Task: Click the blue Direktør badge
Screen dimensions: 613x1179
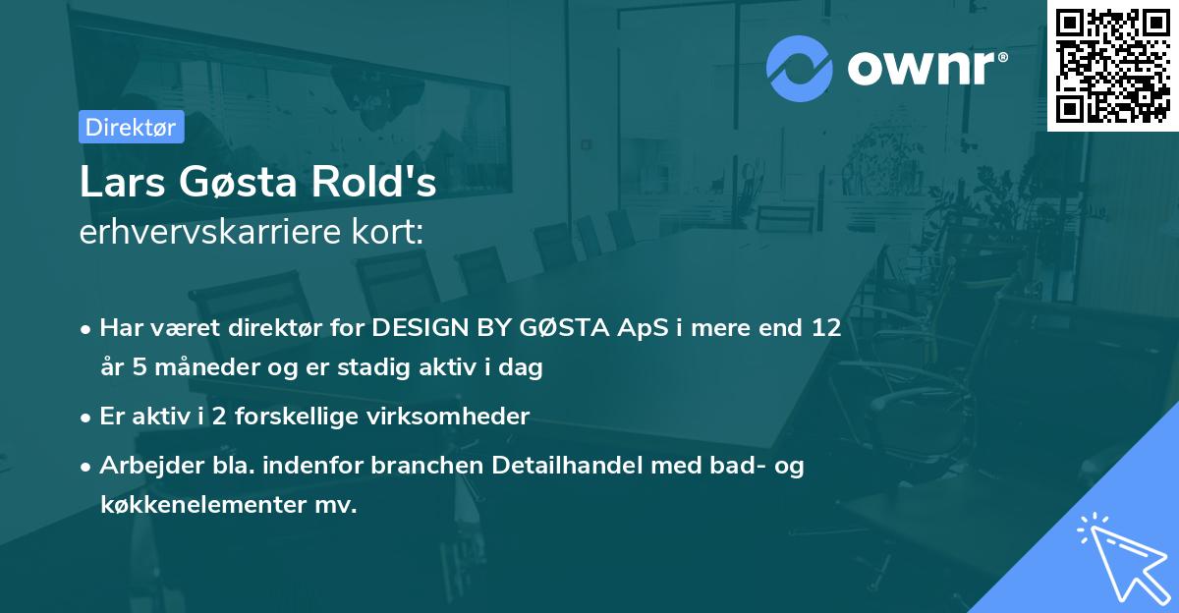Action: pyautogui.click(x=131, y=127)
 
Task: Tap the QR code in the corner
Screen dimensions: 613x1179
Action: pyautogui.click(x=1112, y=65)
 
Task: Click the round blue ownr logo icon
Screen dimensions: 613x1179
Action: pyautogui.click(x=799, y=68)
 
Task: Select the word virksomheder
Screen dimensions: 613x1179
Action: pyautogui.click(x=454, y=417)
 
